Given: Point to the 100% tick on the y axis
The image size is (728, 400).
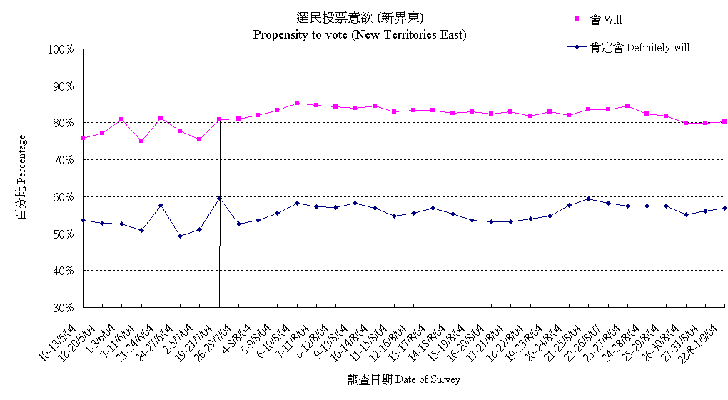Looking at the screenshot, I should click(x=61, y=49).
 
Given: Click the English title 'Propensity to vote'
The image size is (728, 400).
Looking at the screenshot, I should click(x=360, y=34).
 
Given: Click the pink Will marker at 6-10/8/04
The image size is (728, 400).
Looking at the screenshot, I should click(x=297, y=103).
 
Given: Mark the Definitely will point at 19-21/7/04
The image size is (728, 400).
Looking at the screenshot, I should click(x=219, y=198).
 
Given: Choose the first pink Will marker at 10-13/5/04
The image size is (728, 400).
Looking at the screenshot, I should click(x=84, y=138).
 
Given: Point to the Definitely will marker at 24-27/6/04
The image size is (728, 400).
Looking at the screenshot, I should click(x=181, y=236).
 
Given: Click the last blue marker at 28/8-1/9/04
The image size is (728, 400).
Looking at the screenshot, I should click(x=724, y=208).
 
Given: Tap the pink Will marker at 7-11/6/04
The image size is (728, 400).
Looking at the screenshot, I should click(x=141, y=141).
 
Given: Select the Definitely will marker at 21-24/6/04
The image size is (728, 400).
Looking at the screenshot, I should click(x=161, y=206).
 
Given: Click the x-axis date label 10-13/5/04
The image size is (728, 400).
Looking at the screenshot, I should click(x=64, y=336).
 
